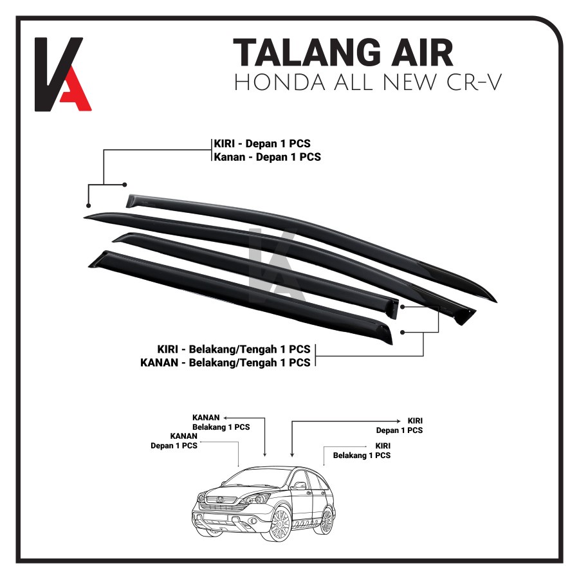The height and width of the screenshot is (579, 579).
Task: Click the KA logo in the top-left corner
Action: tap(62, 74)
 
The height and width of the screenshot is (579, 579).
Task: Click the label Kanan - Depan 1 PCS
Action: tap(267, 156)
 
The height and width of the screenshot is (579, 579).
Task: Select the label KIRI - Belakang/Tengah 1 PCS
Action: tap(234, 349)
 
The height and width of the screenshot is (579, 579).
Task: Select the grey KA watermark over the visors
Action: tap(273, 261)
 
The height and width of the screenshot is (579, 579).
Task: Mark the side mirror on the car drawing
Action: tap(299, 487)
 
